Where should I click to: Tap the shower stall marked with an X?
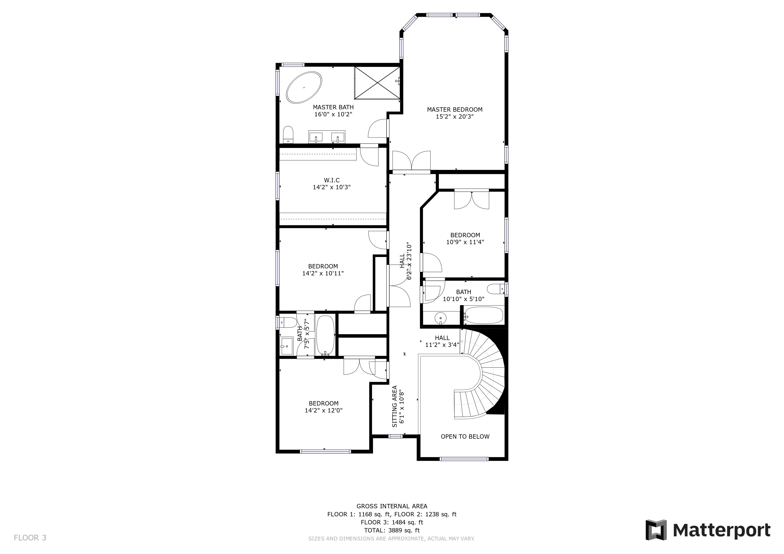377,83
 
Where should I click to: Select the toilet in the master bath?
288,135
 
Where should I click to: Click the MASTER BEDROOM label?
455,110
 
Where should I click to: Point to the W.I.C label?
332,180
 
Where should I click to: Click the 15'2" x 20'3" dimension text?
455,117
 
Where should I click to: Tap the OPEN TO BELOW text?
465,437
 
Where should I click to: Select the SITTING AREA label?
395,406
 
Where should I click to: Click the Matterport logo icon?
656,530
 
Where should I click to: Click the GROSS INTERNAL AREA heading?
392,506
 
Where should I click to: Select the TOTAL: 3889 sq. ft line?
392,530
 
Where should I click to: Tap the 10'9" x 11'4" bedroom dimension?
465,242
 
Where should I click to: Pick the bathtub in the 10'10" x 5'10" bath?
484,315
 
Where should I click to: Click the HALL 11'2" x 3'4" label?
442,341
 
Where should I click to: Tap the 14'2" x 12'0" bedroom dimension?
323,411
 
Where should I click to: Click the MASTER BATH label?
333,107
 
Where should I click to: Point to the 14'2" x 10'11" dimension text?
323,273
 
